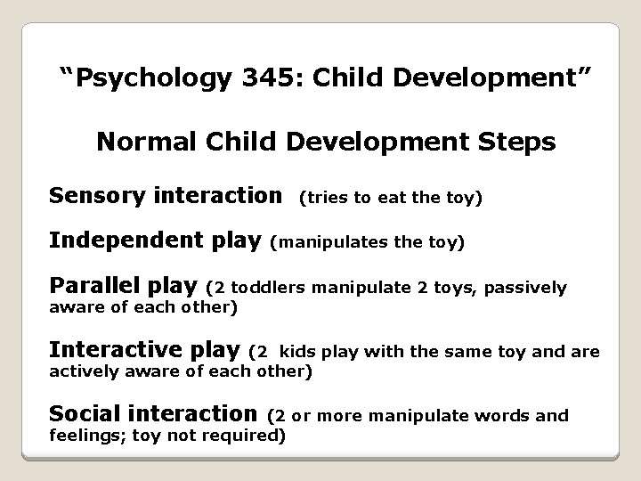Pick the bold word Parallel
(x=92, y=287)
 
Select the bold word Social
(x=82, y=414)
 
